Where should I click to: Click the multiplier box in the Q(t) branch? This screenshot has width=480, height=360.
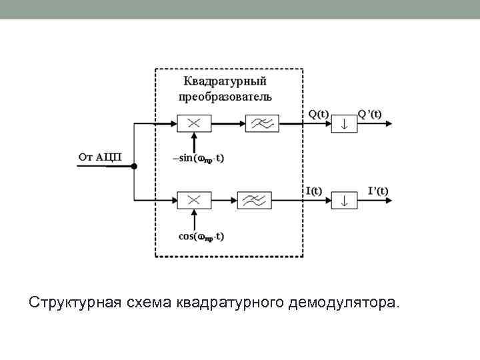pyautogui.click(x=194, y=123)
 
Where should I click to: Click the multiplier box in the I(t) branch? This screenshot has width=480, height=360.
pyautogui.click(x=194, y=199)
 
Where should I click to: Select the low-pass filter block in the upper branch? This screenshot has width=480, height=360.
pyautogui.click(x=262, y=123)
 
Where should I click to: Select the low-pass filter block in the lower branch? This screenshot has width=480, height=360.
pyautogui.click(x=254, y=199)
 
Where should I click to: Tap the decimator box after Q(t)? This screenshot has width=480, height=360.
pyautogui.click(x=345, y=123)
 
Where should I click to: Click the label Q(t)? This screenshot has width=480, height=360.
pyautogui.click(x=318, y=113)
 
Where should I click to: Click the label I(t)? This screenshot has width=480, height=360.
pyautogui.click(x=313, y=190)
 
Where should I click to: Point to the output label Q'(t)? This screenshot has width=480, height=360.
pyautogui.click(x=370, y=113)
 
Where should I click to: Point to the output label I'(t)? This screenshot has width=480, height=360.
pyautogui.click(x=378, y=190)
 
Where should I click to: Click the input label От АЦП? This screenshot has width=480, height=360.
pyautogui.click(x=100, y=157)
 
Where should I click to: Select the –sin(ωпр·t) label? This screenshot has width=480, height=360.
pyautogui.click(x=198, y=159)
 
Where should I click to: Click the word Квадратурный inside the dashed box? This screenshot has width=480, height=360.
pyautogui.click(x=225, y=82)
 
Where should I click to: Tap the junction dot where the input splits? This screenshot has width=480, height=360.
pyautogui.click(x=134, y=166)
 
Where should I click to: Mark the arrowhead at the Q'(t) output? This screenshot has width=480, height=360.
pyautogui.click(x=397, y=123)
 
